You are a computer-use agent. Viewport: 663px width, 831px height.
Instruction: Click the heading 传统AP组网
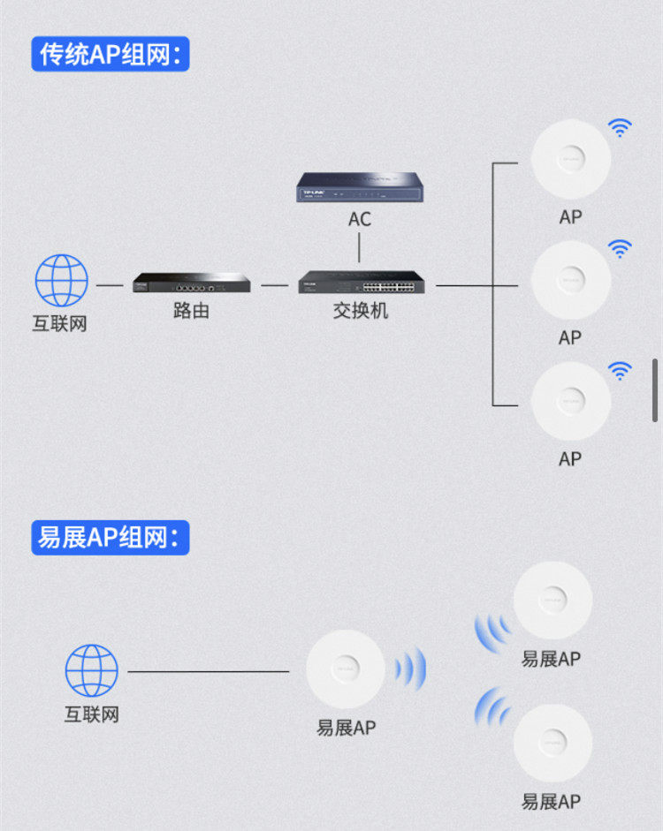point(110,54)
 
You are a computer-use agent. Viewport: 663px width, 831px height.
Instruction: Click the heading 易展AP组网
point(110,537)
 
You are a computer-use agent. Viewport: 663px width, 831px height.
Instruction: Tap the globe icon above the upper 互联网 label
point(62,281)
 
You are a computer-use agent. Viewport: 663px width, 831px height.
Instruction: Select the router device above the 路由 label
point(191,283)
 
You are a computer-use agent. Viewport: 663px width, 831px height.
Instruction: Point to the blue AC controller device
point(359,187)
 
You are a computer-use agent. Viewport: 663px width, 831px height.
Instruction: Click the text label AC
point(360,218)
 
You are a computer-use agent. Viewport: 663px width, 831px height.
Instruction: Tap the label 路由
point(191,311)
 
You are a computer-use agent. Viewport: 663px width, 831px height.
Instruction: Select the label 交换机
point(360,311)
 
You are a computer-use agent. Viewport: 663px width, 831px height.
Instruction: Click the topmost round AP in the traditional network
point(570,159)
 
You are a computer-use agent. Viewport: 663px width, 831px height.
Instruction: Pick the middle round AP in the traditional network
point(570,280)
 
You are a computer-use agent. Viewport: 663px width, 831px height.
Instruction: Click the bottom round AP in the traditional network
point(570,401)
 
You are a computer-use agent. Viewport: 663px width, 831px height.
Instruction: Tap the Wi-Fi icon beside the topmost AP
point(621,128)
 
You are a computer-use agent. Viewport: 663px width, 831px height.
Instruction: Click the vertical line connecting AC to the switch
point(360,249)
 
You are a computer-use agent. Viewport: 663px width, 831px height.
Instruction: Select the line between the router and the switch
point(275,285)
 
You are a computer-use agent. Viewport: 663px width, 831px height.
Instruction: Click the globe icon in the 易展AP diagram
point(92,670)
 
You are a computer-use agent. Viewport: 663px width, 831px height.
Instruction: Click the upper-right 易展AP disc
point(552,600)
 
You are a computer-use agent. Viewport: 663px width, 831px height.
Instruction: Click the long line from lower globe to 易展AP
point(209,671)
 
